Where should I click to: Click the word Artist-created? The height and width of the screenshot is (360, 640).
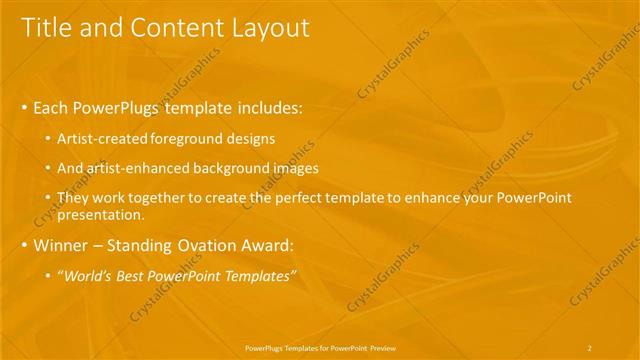[x=103, y=138]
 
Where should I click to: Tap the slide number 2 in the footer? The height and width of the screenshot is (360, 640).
[x=589, y=348]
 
